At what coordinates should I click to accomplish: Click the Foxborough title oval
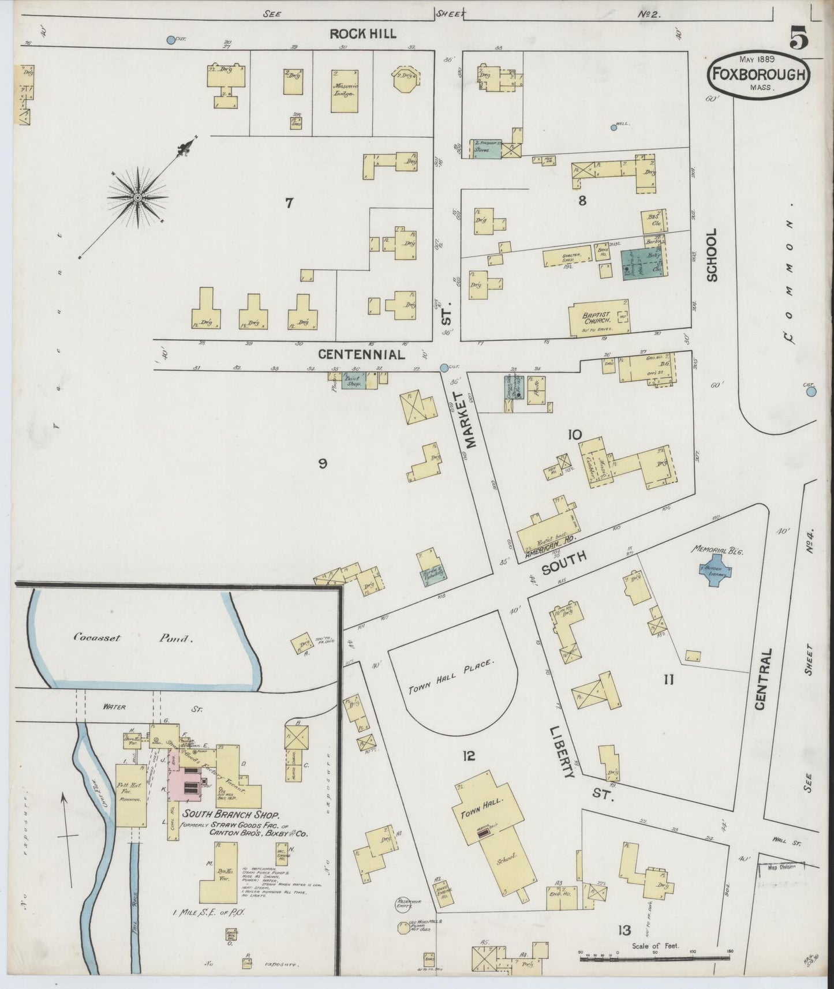(758, 74)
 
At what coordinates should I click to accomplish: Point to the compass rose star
(139, 198)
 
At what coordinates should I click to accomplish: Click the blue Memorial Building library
(714, 571)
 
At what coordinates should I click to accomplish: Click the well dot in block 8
(614, 128)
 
